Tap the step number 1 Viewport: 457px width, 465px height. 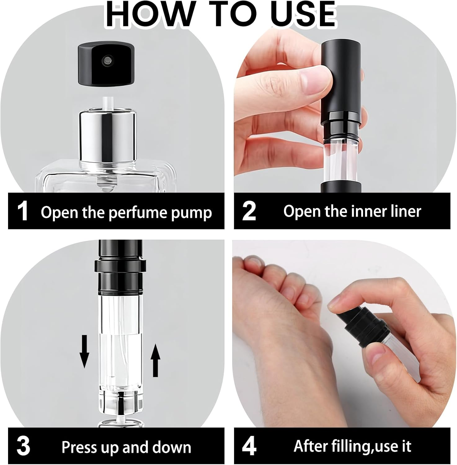tap(22, 211)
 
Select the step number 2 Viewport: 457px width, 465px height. tap(249, 211)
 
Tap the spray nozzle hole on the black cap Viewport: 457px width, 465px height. tap(108, 59)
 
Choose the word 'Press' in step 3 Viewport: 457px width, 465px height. tap(77, 447)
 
